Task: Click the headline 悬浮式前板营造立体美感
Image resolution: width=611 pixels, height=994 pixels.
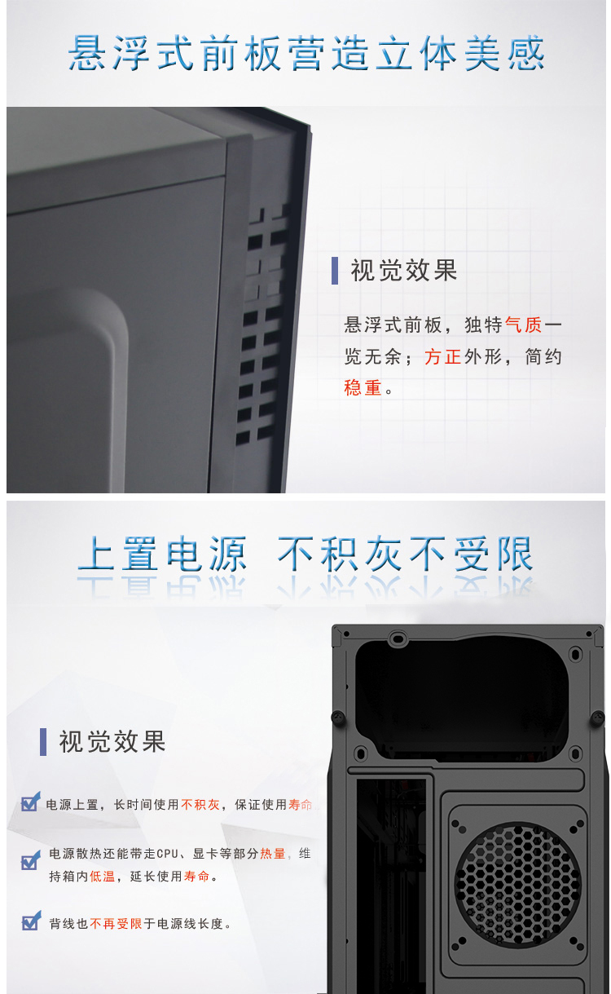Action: point(306,53)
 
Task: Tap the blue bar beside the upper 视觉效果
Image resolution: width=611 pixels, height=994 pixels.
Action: point(335,270)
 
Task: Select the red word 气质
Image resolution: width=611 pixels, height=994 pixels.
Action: point(524,325)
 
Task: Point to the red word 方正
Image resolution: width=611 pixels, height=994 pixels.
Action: point(442,357)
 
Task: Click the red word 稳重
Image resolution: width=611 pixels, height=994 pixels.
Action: point(363,388)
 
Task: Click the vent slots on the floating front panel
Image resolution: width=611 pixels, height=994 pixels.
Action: point(262,324)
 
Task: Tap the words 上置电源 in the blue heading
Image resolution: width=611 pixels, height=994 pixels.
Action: point(162,554)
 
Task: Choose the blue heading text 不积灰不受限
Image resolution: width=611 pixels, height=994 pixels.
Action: point(405,554)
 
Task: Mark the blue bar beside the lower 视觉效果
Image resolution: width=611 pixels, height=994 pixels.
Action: point(43,741)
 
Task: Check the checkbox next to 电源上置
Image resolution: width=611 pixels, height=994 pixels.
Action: point(30,802)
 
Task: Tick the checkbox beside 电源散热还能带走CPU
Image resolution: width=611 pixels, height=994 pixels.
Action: point(30,860)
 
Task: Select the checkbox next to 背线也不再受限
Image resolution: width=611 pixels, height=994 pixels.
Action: point(31,921)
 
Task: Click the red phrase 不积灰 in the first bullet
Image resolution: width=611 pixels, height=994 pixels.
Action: point(200,805)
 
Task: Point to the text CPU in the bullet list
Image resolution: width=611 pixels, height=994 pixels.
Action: point(167,854)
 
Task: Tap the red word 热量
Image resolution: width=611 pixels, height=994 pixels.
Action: point(273,854)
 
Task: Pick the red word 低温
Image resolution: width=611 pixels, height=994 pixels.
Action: point(103,877)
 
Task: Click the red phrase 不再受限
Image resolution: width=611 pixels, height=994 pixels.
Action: point(116,924)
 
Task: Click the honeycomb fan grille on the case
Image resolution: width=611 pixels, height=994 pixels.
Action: point(517,885)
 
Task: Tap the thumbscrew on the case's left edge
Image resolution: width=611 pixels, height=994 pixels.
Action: point(338,718)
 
